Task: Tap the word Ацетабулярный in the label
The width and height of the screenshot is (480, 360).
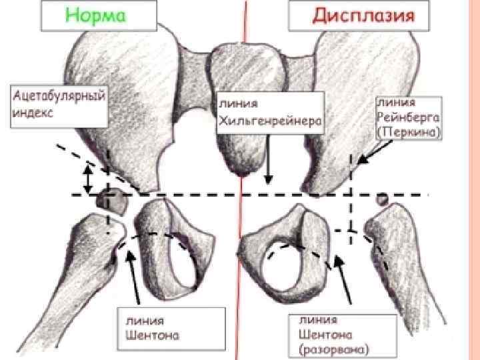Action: [x=59, y=96]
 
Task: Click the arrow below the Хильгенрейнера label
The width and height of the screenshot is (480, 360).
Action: [x=267, y=160]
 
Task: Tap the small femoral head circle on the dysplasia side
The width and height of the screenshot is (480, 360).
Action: [x=383, y=198]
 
